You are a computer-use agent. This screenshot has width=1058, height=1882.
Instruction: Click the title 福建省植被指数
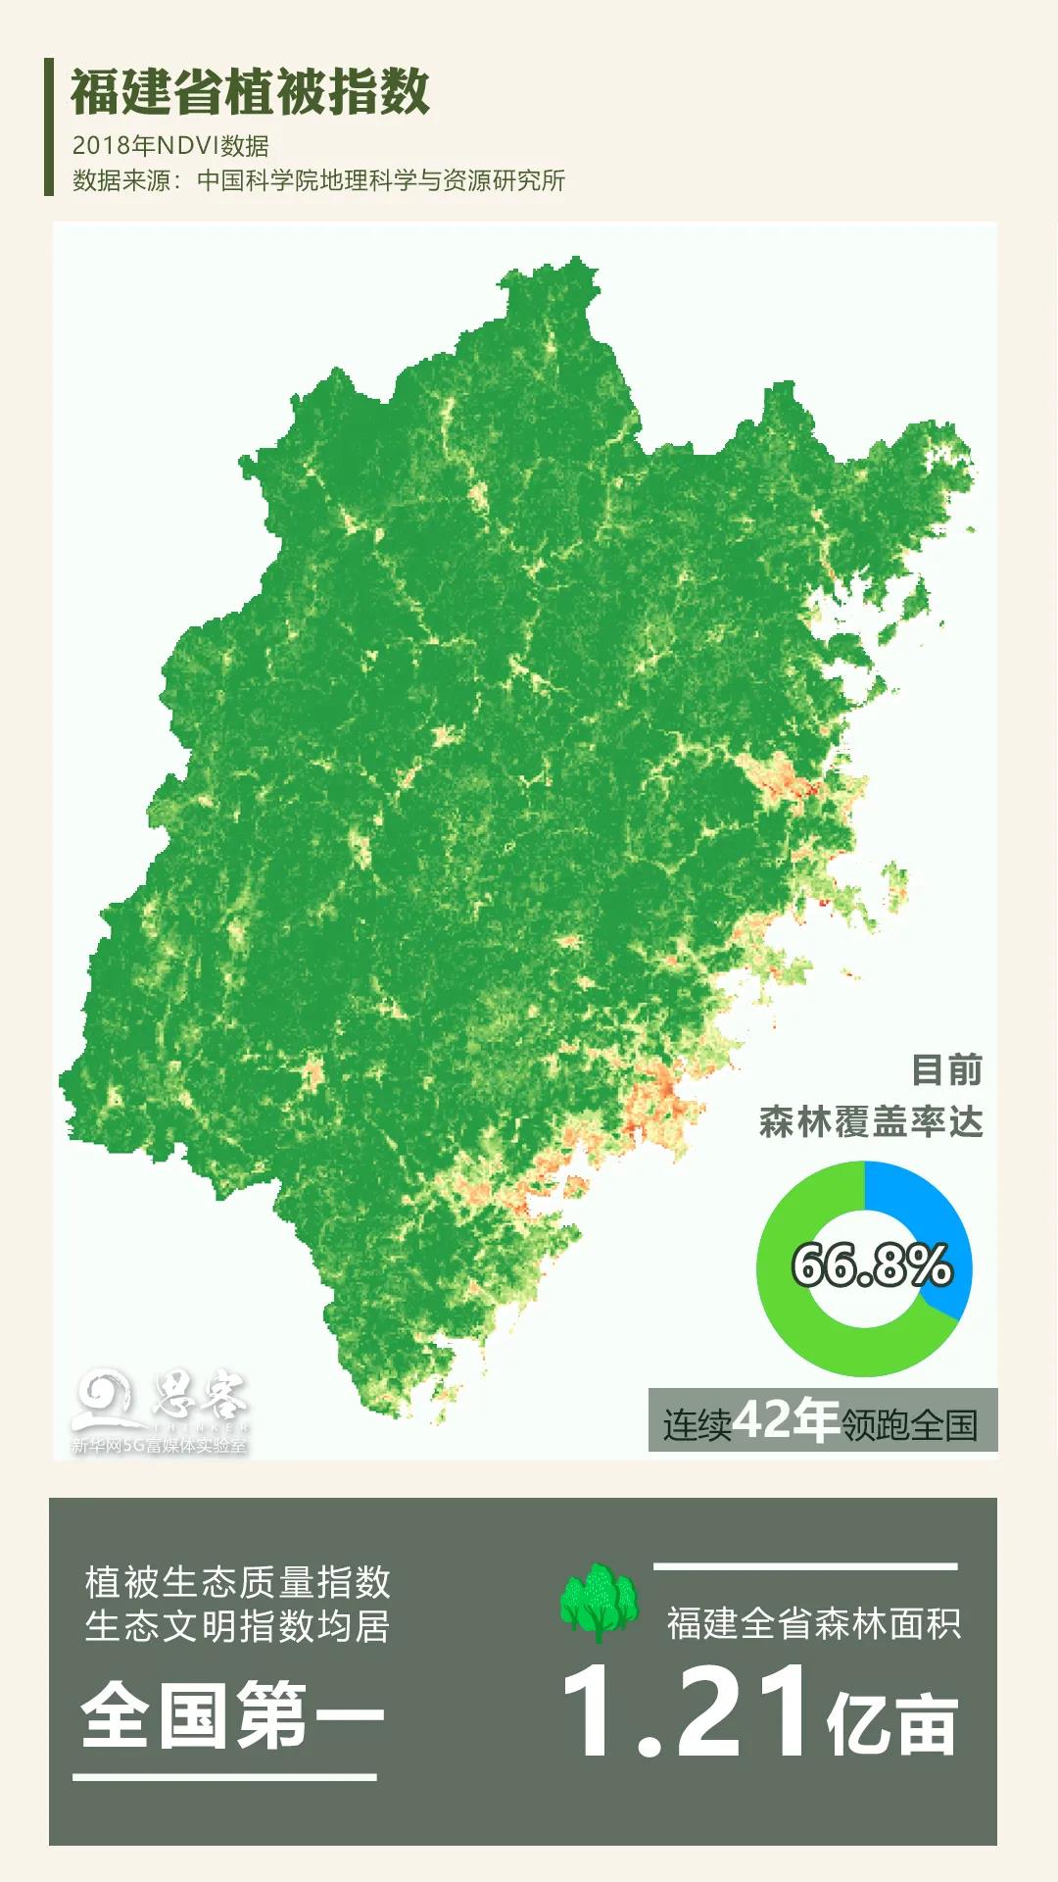click(x=250, y=93)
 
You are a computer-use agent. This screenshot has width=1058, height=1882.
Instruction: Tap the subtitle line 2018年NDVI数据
click(x=170, y=146)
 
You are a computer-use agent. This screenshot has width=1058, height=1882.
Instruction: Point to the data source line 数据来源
click(x=318, y=180)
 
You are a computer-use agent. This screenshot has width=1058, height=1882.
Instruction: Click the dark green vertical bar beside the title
click(x=49, y=126)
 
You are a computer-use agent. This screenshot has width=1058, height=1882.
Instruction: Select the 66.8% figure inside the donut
click(x=871, y=1264)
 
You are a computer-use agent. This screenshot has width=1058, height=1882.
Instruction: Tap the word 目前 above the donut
click(x=946, y=1069)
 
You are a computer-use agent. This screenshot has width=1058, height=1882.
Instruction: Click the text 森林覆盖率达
click(x=871, y=1122)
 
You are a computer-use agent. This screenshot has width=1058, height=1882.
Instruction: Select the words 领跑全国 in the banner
click(x=909, y=1425)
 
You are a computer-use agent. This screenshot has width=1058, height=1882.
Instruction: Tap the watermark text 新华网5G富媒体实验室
click(x=159, y=1446)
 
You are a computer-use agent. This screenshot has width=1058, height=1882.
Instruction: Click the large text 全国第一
click(x=233, y=1715)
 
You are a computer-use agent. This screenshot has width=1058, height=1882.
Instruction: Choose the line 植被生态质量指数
click(x=238, y=1582)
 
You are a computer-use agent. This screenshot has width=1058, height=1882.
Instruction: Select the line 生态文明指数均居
click(x=238, y=1626)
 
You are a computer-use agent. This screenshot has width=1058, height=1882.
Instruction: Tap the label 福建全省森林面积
click(x=814, y=1623)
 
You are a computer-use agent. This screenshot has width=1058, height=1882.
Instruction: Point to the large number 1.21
click(x=686, y=1713)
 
